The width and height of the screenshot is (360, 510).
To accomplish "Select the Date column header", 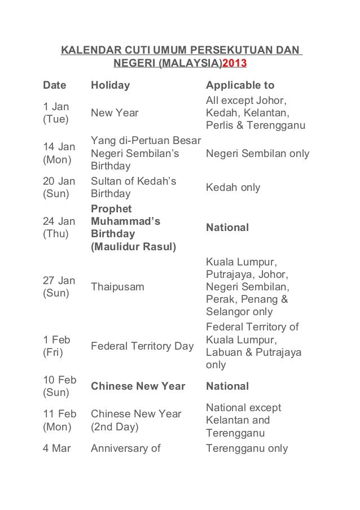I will coord(54,86).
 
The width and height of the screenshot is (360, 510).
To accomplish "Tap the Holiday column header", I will coord(111,86).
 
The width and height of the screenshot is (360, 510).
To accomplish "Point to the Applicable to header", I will coord(240,86).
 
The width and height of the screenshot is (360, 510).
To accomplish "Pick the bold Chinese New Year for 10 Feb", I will coord(138,386).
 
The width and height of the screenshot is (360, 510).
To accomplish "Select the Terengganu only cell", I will coord(247,449).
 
